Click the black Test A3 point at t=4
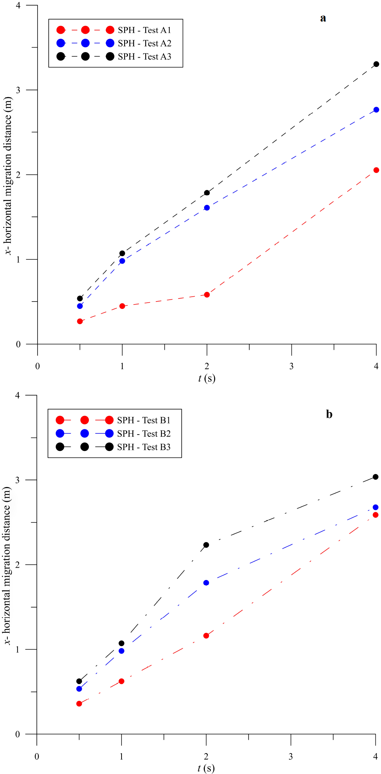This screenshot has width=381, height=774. [x=376, y=64]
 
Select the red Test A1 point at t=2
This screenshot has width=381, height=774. [x=207, y=295]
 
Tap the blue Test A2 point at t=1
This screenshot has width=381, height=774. [x=122, y=261]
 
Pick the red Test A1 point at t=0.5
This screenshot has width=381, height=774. [x=80, y=321]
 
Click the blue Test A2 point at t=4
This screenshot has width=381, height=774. [x=376, y=110]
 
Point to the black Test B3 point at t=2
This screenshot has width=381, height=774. [x=206, y=545]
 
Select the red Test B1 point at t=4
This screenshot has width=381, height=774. [x=375, y=515]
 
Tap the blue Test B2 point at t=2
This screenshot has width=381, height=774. [x=206, y=583]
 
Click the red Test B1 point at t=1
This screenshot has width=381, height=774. [x=122, y=681]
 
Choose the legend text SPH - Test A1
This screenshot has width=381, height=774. [x=145, y=30]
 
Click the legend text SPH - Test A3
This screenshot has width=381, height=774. [x=145, y=57]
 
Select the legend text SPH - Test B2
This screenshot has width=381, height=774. [x=144, y=433]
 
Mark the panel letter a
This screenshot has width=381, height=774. [x=323, y=18]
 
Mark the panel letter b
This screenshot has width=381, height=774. [x=329, y=414]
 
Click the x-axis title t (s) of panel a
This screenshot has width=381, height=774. [x=207, y=378]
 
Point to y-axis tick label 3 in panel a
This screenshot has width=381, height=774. [x=18, y=90]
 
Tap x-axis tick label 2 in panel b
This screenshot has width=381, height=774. [x=206, y=756]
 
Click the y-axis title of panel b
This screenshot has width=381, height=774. [x=7, y=565]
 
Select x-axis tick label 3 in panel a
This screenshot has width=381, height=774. [x=291, y=367]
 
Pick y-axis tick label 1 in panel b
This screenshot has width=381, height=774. [x=17, y=649]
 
